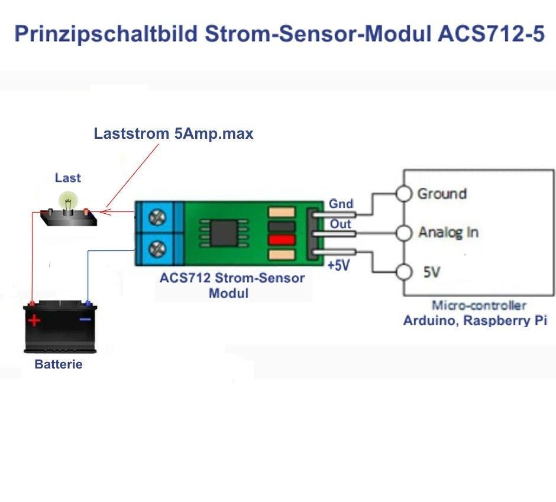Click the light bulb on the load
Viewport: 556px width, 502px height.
tap(68, 201)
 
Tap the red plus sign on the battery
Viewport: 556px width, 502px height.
tap(34, 320)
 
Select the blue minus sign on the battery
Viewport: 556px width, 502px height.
tap(85, 320)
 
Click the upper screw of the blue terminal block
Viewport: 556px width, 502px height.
tap(157, 217)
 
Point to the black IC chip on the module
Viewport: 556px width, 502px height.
tap(224, 233)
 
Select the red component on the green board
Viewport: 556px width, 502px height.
tap(282, 240)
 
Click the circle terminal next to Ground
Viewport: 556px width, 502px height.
tap(403, 194)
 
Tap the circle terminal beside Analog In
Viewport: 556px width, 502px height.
tap(403, 233)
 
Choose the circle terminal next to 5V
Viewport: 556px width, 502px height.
tap(403, 272)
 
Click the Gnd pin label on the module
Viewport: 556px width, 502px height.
tap(341, 204)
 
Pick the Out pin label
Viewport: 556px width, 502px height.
tap(341, 224)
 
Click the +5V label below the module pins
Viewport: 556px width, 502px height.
tap(339, 265)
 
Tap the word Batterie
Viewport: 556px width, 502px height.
tap(59, 364)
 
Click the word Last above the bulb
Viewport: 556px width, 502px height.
tap(68, 178)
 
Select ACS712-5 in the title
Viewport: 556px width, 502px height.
tap(491, 34)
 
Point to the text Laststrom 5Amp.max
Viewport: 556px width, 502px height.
tap(173, 134)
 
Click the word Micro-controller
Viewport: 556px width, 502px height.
tap(479, 305)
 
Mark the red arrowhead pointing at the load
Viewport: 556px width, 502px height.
tap(105, 212)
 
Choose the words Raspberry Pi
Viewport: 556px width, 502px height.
tap(505, 320)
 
